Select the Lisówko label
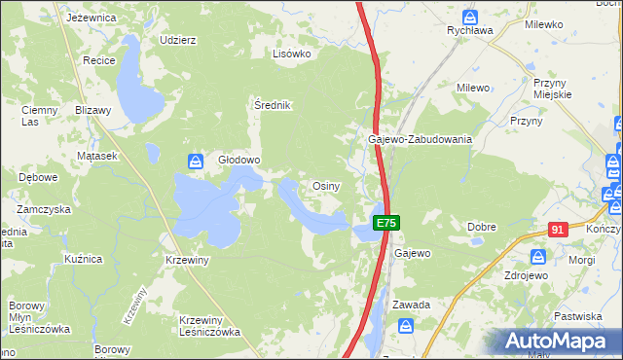(291, 54)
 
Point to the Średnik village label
(273, 105)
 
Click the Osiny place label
(324, 185)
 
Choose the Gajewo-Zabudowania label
(420, 139)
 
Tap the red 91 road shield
(557, 230)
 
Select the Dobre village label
(482, 227)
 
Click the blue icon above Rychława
(470, 17)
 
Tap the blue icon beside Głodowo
(196, 161)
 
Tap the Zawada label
(411, 305)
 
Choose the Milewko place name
(543, 25)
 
